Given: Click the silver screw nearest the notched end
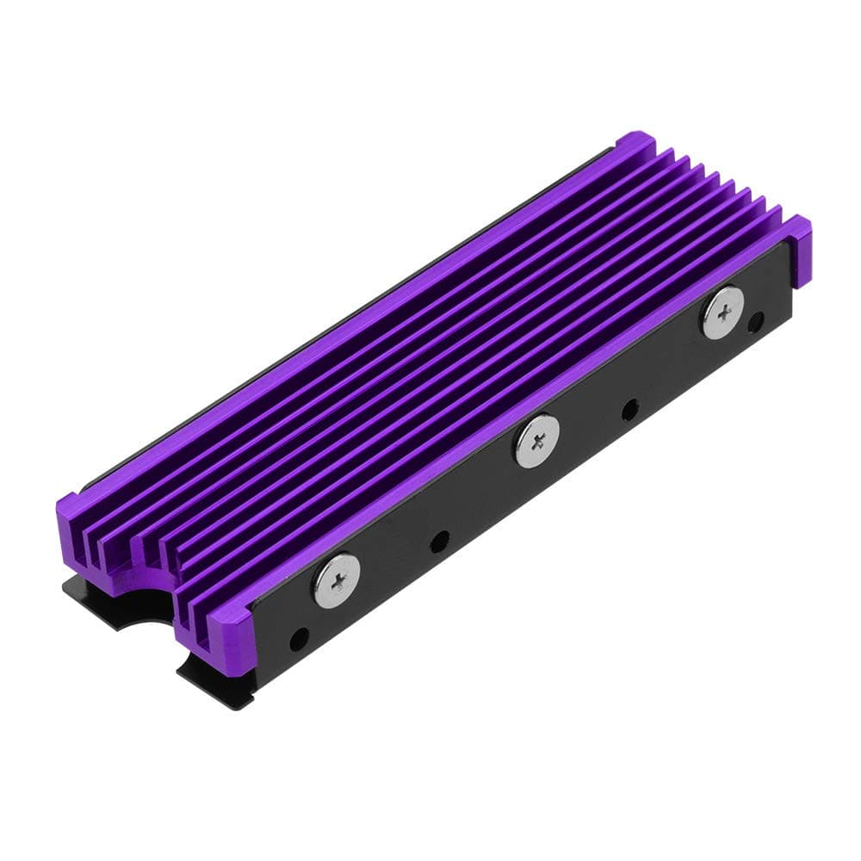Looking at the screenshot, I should coord(336,580).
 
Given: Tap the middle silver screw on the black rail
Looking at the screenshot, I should coord(537,441).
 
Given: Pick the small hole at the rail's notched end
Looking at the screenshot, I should coord(299,640).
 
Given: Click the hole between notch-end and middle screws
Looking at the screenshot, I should coord(439,542).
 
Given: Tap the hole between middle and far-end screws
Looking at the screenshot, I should coord(630,409).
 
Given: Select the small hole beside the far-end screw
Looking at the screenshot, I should coord(756,322).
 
